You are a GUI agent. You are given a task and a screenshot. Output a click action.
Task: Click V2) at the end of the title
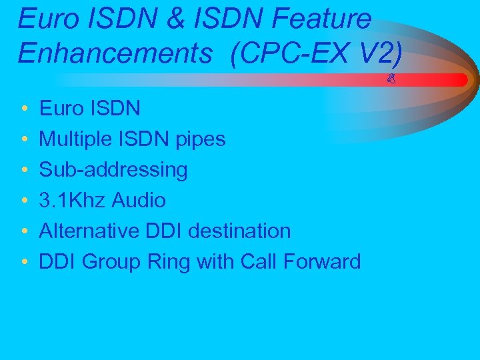pyautogui.click(x=381, y=53)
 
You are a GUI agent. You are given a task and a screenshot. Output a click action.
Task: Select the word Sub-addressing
pyautogui.click(x=113, y=170)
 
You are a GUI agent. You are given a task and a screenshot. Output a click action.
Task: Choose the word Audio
pyautogui.click(x=139, y=200)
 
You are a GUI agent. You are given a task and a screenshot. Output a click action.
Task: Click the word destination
pyautogui.click(x=239, y=231)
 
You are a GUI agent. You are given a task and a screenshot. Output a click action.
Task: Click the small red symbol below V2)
pyautogui.click(x=391, y=80)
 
